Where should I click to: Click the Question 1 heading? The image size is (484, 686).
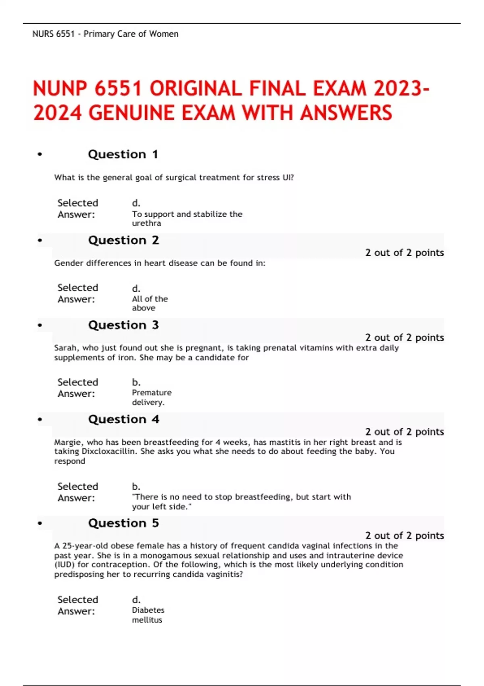pos(123,154)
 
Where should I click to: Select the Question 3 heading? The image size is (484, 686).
pos(123,325)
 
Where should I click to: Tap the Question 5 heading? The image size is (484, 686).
pos(123,523)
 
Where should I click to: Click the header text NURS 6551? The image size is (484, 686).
pos(53,34)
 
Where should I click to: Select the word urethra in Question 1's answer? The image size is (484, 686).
pos(146,223)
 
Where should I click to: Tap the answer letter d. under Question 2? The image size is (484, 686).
pos(136,289)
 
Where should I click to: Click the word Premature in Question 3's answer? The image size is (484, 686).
pos(152,393)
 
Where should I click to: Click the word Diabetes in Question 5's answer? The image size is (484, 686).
pos(148,610)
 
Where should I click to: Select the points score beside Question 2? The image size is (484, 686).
pos(404,253)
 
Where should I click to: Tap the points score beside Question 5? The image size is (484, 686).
pos(404,535)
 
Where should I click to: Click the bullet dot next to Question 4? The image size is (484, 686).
pos(40,420)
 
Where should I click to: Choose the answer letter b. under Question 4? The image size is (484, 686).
pos(136,486)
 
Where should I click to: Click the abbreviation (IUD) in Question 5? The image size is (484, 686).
pos(65,565)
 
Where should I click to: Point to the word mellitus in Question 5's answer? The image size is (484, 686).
pos(147,620)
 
